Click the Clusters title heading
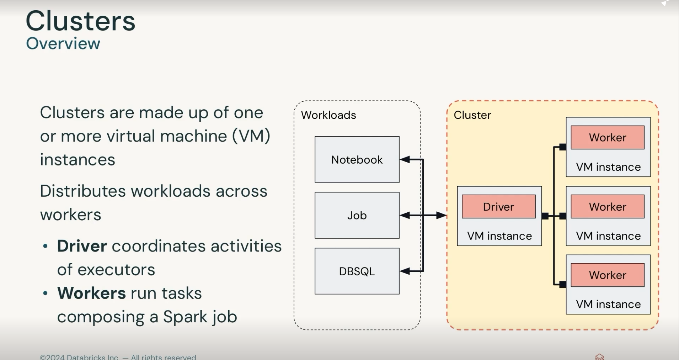click(x=80, y=21)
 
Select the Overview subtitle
click(x=63, y=43)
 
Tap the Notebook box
click(x=357, y=160)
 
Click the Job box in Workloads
click(x=357, y=215)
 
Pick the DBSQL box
click(x=357, y=271)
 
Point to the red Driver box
click(x=498, y=207)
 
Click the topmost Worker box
click(x=607, y=138)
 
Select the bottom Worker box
click(x=607, y=275)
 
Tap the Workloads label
click(x=328, y=115)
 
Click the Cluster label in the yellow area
click(x=472, y=115)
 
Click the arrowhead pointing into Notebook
click(x=405, y=160)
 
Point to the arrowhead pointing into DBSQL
click(x=405, y=271)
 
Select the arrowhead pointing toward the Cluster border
click(x=442, y=215)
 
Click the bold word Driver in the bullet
click(x=82, y=246)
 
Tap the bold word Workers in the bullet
click(x=91, y=293)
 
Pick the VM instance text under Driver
click(x=499, y=236)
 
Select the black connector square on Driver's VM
click(x=545, y=216)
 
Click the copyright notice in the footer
click(x=118, y=357)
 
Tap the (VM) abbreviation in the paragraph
click(x=251, y=136)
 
